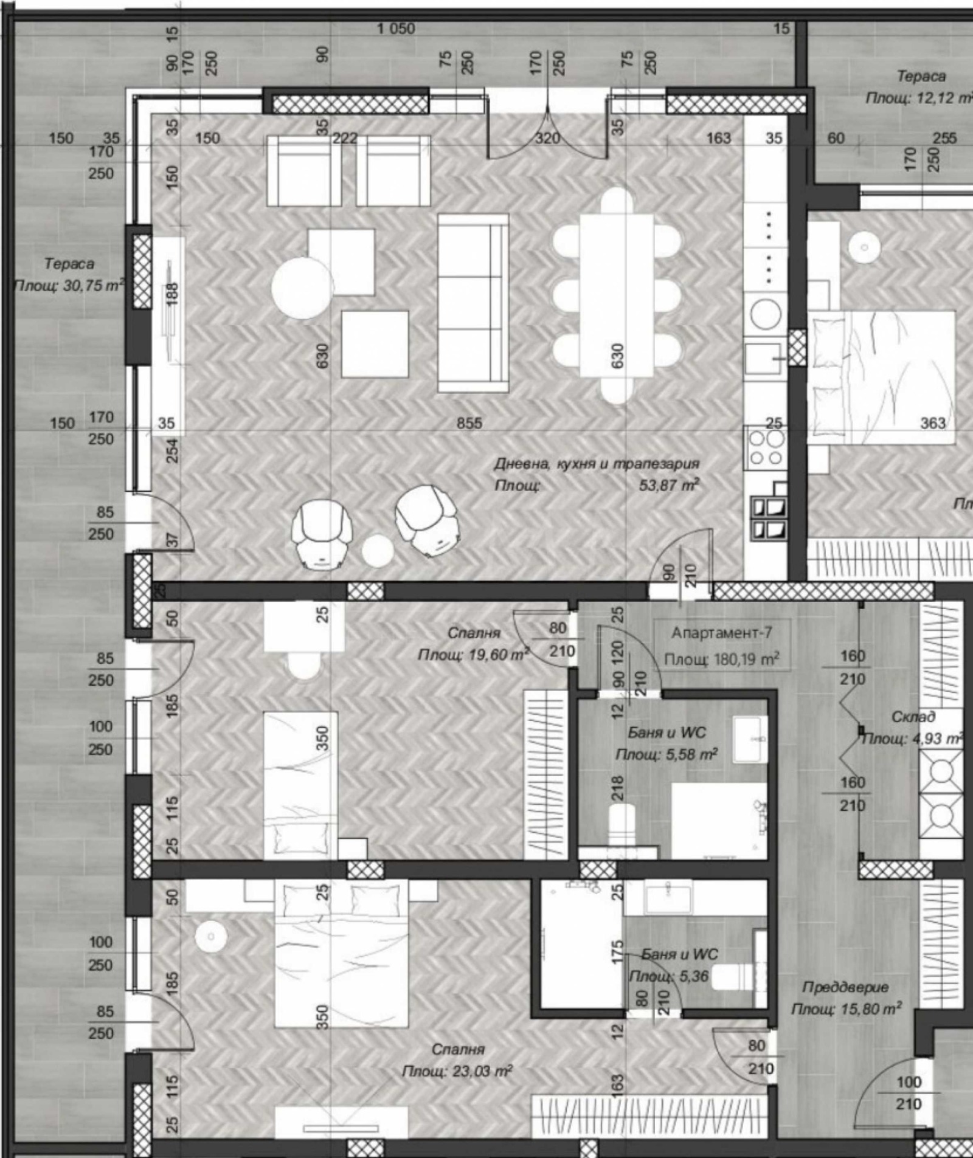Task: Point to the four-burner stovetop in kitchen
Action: pyautogui.click(x=766, y=447)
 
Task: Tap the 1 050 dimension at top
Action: pyautogui.click(x=396, y=29)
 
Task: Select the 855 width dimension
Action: pyautogui.click(x=469, y=423)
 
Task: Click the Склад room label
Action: pyautogui.click(x=913, y=717)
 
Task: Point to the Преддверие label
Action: pyautogui.click(x=845, y=987)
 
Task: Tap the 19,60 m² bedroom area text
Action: pyautogui.click(x=473, y=655)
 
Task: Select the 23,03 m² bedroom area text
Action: pyautogui.click(x=457, y=1071)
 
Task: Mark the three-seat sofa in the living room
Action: pyautogui.click(x=473, y=303)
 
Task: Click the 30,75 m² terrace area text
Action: pyautogui.click(x=68, y=286)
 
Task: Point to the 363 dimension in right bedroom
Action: pyautogui.click(x=933, y=422)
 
